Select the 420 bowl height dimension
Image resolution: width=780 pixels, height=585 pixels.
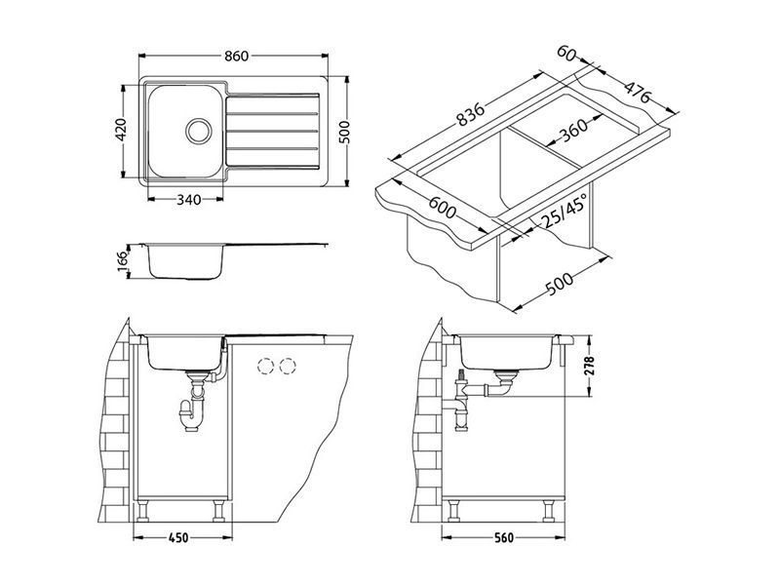[x=121, y=129]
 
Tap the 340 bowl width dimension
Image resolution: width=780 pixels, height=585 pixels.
[x=188, y=200]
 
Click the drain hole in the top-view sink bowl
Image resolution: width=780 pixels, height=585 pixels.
[x=199, y=130]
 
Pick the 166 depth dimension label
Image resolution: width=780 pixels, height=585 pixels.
[x=122, y=261]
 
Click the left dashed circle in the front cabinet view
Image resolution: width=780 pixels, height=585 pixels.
[x=264, y=366]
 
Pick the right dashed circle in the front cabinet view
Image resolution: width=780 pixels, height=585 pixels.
[x=287, y=366]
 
